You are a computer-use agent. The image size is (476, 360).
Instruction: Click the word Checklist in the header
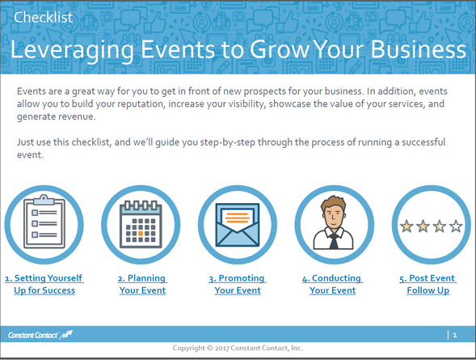(43, 17)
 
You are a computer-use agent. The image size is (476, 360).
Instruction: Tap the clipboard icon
(44, 222)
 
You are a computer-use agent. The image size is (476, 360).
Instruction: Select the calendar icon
(141, 224)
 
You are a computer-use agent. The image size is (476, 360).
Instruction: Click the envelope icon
(238, 225)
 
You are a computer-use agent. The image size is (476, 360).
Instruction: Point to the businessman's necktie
(334, 241)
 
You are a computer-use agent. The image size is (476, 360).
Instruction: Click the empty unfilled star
(456, 227)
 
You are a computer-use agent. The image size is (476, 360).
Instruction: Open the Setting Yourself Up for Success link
(44, 284)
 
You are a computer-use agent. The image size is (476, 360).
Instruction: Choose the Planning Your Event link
(142, 284)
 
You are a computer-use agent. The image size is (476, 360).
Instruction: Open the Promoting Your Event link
(238, 284)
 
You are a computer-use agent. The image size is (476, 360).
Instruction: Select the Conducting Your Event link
(332, 284)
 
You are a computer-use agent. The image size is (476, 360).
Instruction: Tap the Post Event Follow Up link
(428, 284)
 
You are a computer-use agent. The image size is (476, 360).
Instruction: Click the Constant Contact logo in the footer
(40, 335)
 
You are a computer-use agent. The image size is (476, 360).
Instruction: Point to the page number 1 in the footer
(455, 335)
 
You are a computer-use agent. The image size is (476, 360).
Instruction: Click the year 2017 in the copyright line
(222, 348)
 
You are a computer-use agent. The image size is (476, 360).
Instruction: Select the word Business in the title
(419, 49)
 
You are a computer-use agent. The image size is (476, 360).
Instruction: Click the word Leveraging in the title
(72, 50)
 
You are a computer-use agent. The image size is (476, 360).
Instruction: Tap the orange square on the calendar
(141, 233)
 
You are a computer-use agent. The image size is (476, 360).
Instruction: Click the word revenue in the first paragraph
(76, 116)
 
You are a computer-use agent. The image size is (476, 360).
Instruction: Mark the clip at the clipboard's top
(44, 199)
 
